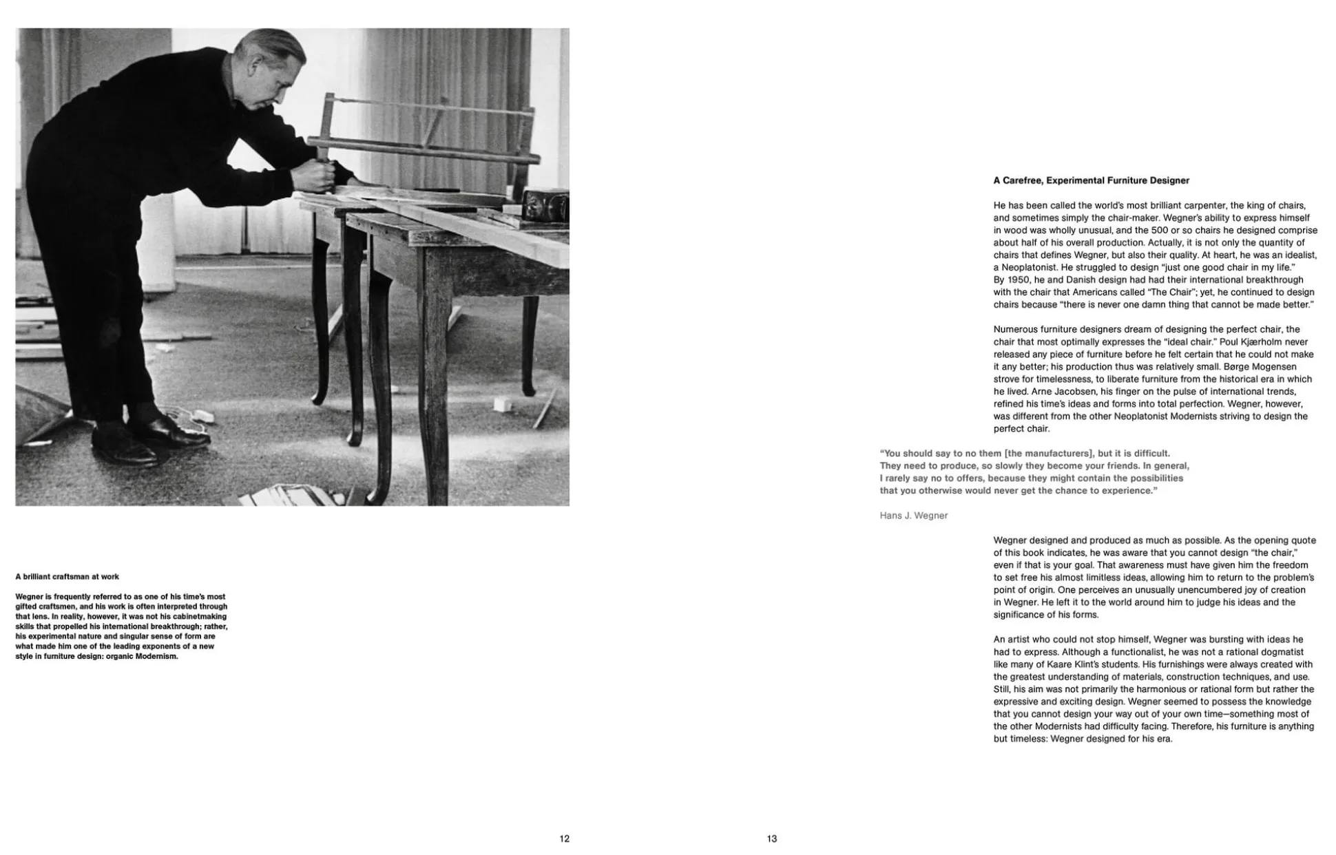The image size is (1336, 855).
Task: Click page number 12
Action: [x=564, y=838]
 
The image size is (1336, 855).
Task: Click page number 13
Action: [x=771, y=838]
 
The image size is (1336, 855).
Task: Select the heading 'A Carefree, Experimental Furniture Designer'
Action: [x=1091, y=180]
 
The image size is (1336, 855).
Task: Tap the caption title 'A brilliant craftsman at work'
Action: [x=67, y=577]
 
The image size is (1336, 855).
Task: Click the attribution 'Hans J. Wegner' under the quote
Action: [x=913, y=516]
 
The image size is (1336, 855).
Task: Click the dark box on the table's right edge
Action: [x=545, y=206]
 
